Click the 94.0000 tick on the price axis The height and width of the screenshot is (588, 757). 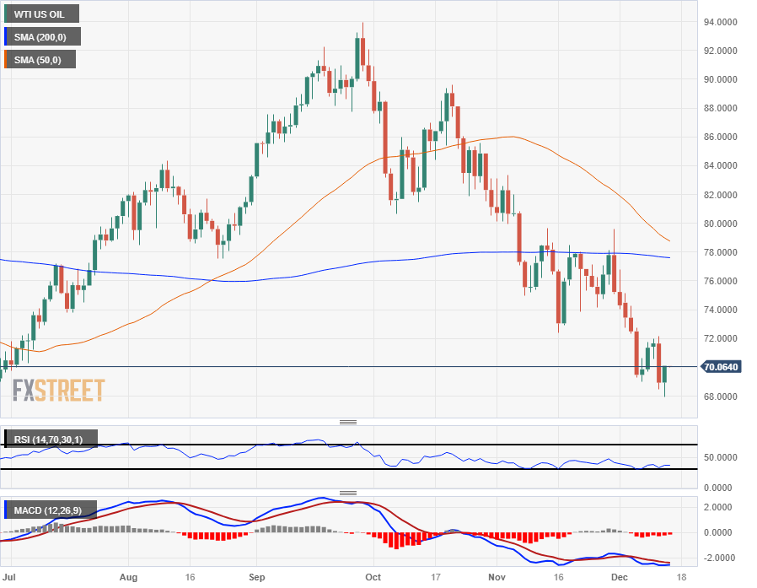click(x=725, y=22)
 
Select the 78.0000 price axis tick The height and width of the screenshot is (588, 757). click(x=725, y=252)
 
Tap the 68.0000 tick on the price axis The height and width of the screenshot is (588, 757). click(x=725, y=396)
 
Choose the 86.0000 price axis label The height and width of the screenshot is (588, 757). click(x=725, y=137)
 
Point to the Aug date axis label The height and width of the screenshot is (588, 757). click(x=128, y=577)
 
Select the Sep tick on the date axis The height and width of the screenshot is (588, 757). click(x=257, y=577)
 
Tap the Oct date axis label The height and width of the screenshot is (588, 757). click(x=371, y=577)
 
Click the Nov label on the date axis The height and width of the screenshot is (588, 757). click(x=497, y=577)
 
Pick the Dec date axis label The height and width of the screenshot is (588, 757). click(x=619, y=577)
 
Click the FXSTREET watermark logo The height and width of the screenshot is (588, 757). click(x=58, y=391)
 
